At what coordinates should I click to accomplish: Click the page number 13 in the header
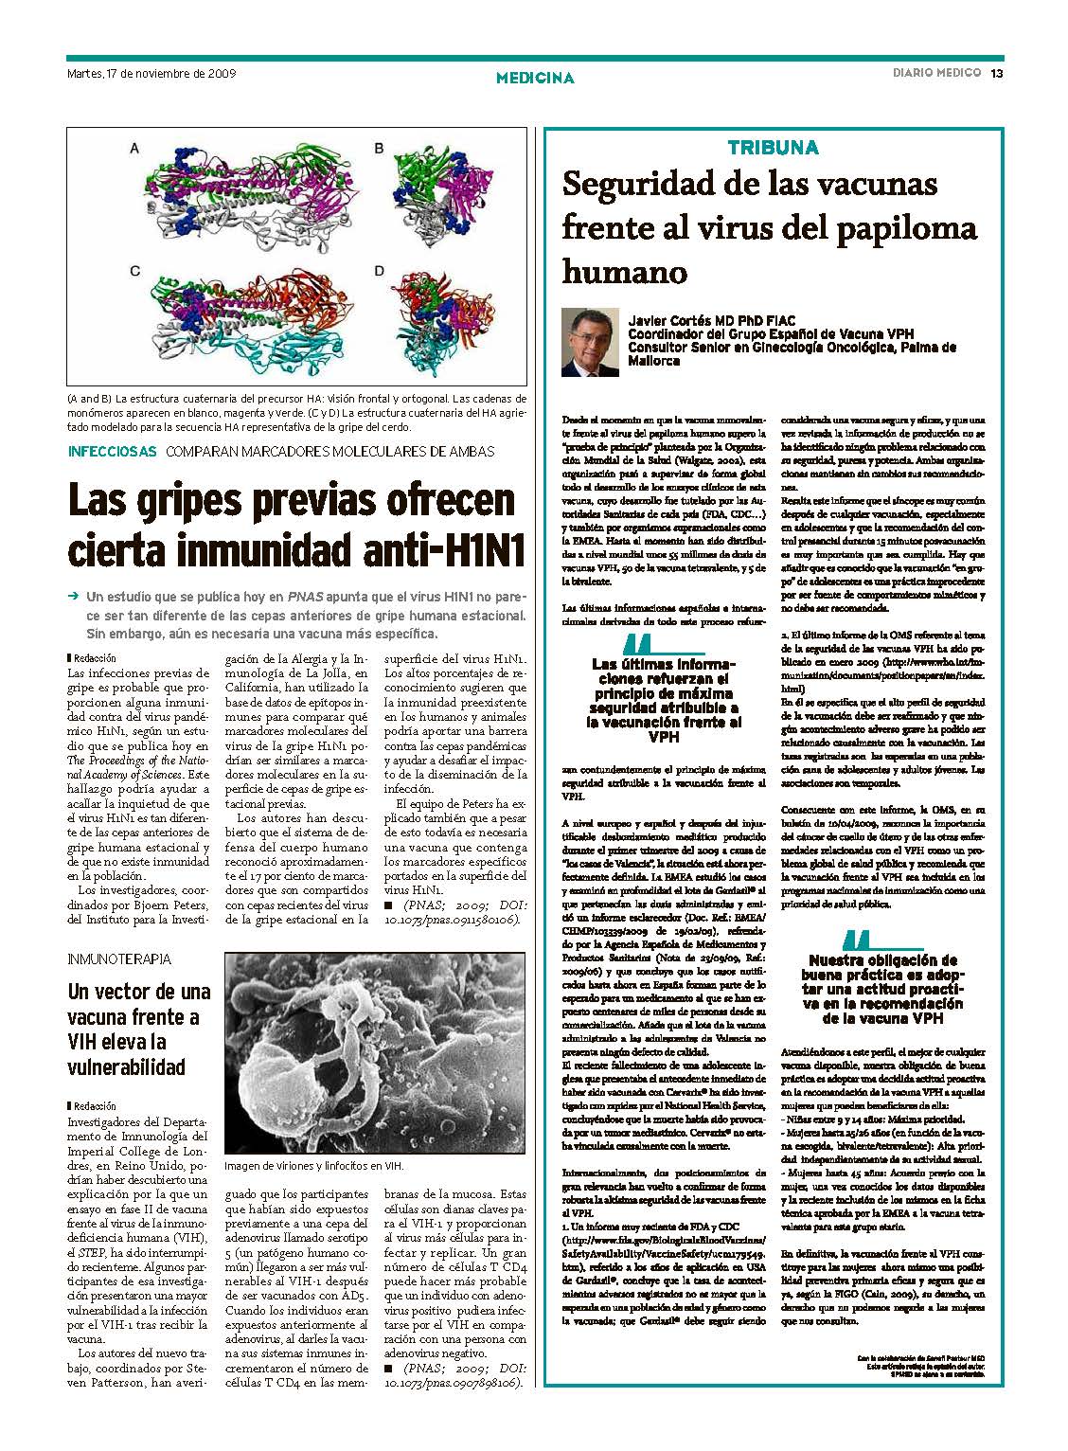point(997,74)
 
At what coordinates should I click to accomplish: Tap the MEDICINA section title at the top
point(535,78)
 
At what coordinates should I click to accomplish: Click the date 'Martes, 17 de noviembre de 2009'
point(151,73)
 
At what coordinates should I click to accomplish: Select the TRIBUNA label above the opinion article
point(773,147)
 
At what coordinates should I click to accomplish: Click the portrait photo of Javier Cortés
point(590,342)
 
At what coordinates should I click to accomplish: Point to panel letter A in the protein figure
point(135,148)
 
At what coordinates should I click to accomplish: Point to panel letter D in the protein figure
point(379,271)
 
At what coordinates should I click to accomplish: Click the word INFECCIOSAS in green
point(112,452)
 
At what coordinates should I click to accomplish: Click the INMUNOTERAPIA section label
point(119,959)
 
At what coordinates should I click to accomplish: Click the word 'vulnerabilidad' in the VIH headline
point(126,1067)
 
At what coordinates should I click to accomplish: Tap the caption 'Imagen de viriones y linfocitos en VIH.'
point(313,1166)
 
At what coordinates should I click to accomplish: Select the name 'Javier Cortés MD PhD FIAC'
point(712,321)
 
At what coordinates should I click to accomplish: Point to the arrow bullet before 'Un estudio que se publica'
point(72,598)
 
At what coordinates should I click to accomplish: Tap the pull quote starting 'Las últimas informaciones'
point(665,693)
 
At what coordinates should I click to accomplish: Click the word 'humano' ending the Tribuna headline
point(624,272)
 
